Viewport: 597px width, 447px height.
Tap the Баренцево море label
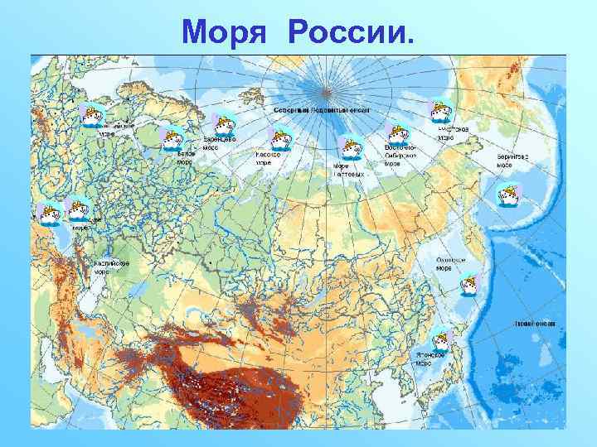tap(220, 142)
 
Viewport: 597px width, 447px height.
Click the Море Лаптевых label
tap(348, 170)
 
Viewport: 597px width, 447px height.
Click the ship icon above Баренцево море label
tap(225, 124)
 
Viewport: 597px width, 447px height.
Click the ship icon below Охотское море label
tap(468, 283)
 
